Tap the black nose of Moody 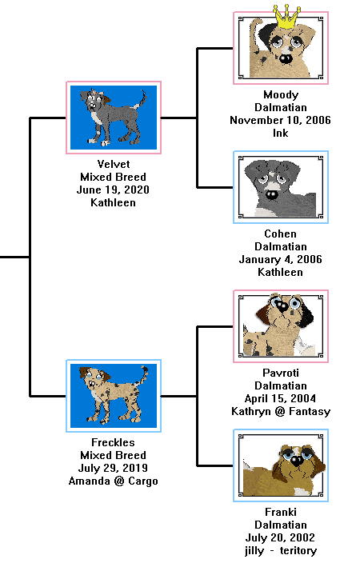(x=286, y=58)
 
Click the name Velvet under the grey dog (x=114, y=164)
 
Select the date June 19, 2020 (x=113, y=190)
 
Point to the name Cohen (x=281, y=234)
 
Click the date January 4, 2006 (x=281, y=259)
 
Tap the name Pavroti (x=281, y=373)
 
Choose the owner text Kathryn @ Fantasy (x=281, y=411)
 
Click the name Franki (x=281, y=512)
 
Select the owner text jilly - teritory (x=281, y=550)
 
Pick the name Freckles (x=113, y=442)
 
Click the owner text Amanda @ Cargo (x=113, y=481)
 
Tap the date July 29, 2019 (x=113, y=468)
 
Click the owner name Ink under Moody (x=281, y=133)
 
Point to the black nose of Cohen (x=271, y=195)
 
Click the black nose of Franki (x=297, y=461)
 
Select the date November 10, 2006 (x=281, y=120)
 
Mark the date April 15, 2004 (x=281, y=398)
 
